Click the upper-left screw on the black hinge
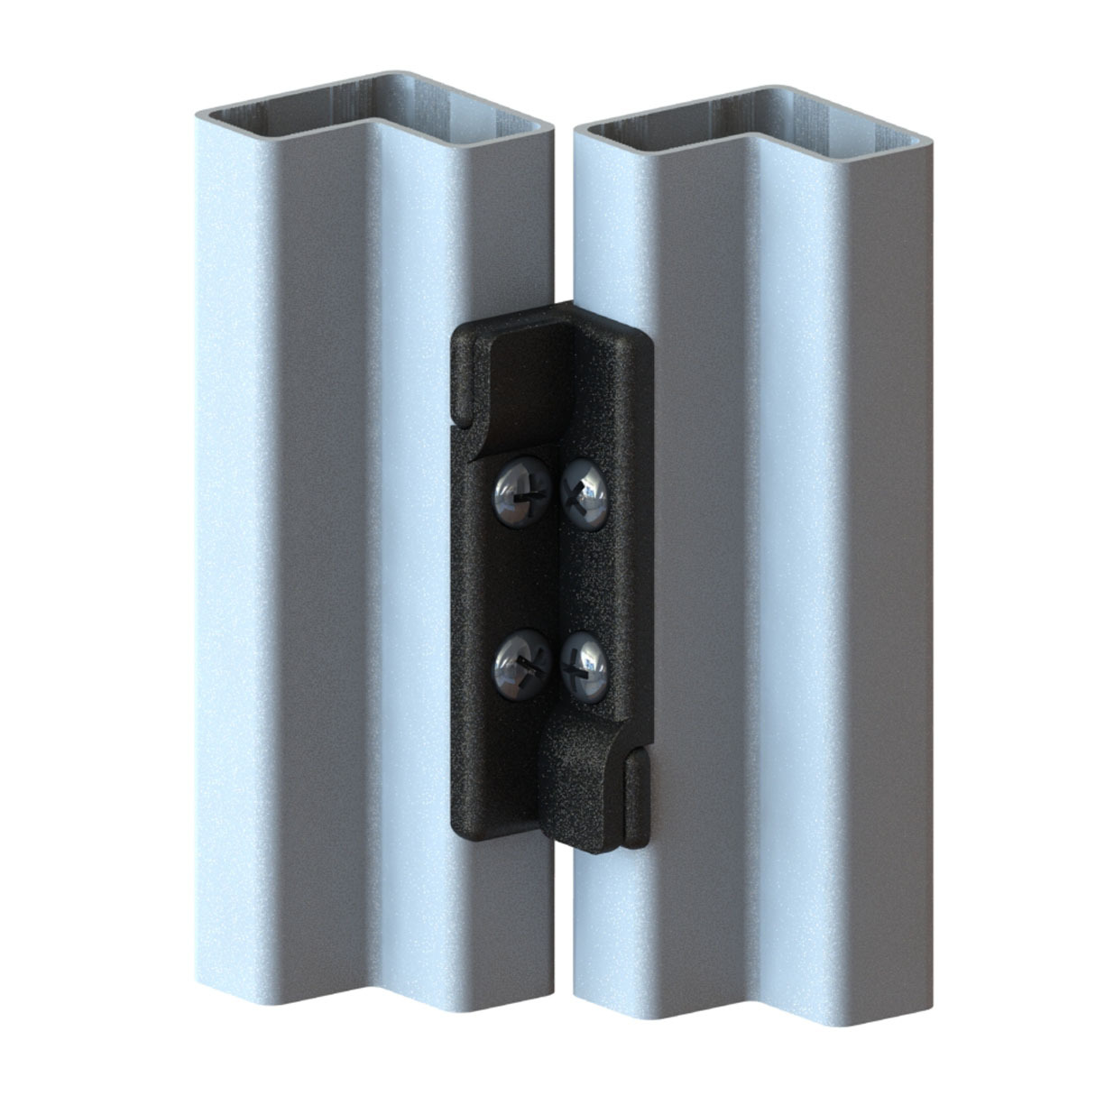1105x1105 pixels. [x=517, y=493]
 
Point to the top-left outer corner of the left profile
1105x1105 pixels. [x=200, y=112]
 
